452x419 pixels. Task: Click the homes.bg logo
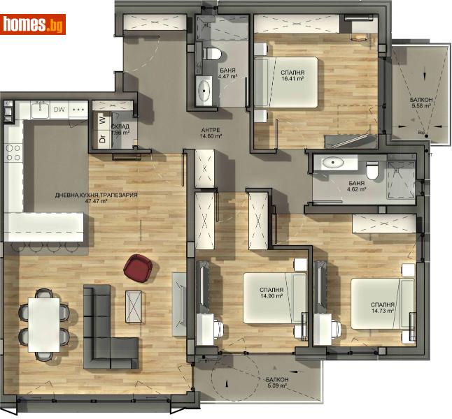coord(34,24)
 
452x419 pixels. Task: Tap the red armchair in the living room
coord(138,267)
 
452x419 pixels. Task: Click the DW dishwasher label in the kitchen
coord(60,110)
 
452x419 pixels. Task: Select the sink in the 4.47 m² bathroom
coord(206,91)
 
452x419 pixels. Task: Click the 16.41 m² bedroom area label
coord(292,76)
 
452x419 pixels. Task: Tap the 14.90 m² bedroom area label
coord(271,293)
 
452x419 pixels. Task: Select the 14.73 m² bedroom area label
coord(384,309)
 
